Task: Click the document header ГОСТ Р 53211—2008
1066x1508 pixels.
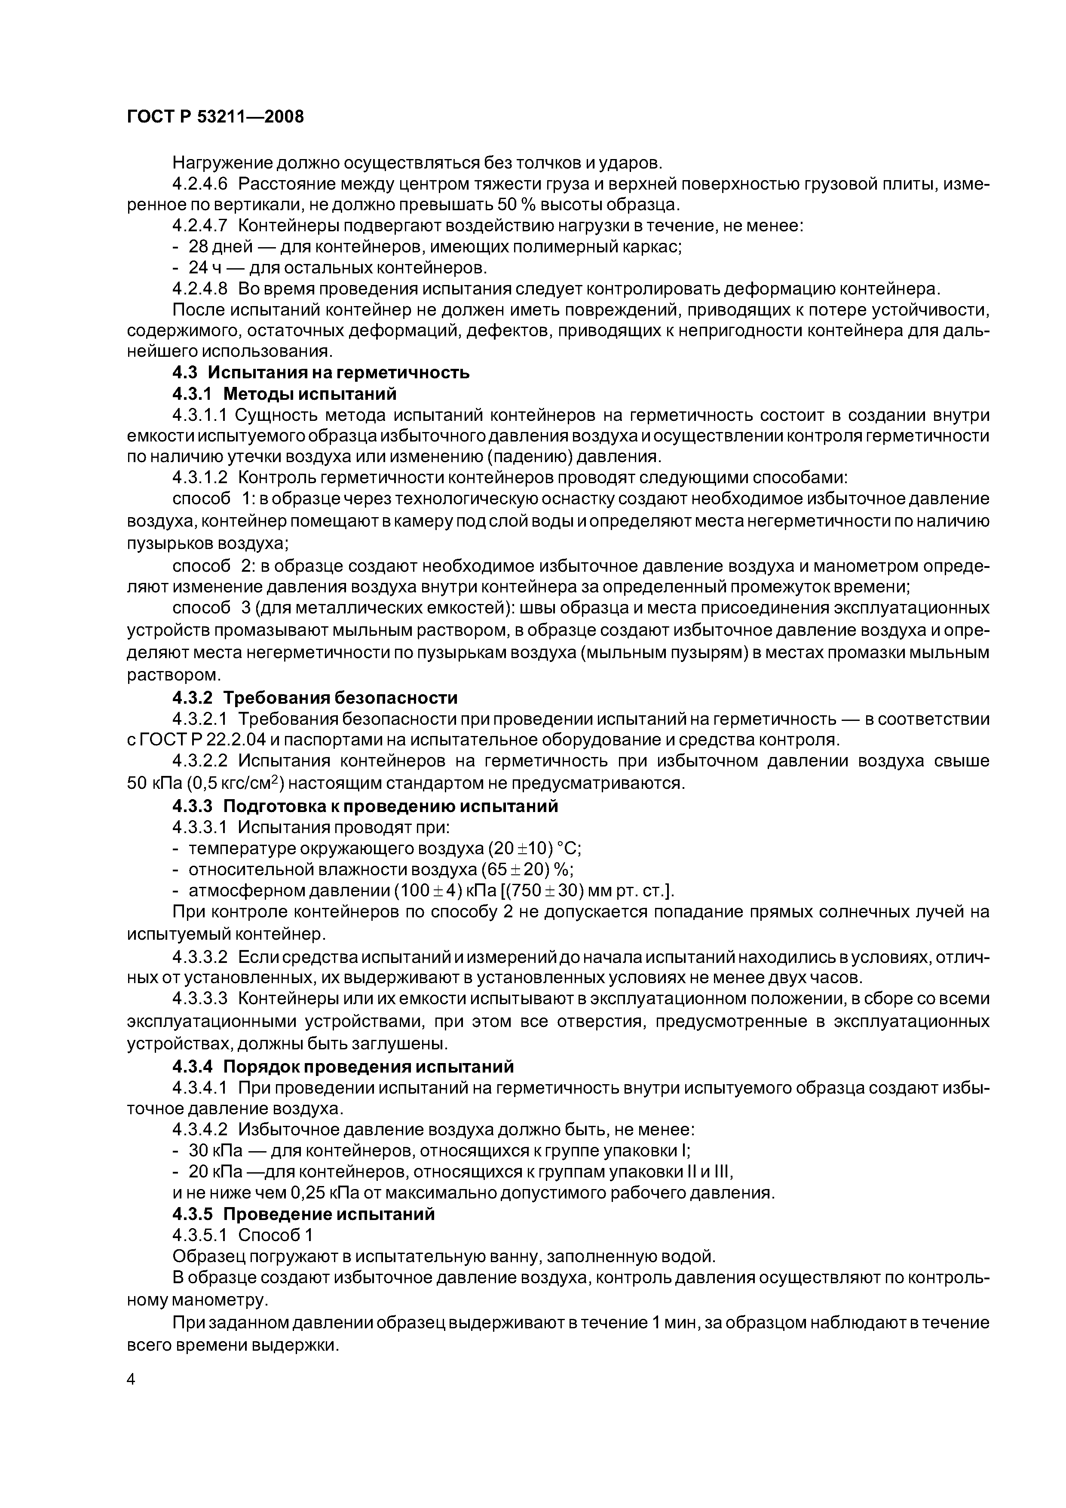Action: (215, 117)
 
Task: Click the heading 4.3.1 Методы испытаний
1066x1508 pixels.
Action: (285, 394)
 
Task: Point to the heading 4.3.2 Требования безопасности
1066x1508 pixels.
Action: (315, 698)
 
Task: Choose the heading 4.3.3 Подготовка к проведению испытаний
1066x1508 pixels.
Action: (365, 806)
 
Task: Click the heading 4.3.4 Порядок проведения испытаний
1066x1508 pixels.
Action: (343, 1066)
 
